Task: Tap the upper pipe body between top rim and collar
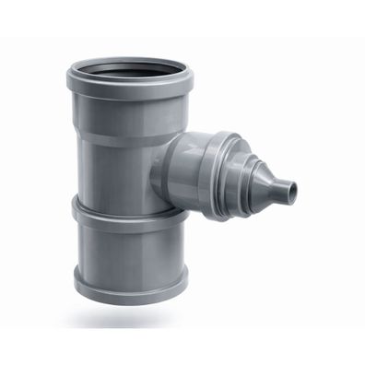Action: tap(120, 166)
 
